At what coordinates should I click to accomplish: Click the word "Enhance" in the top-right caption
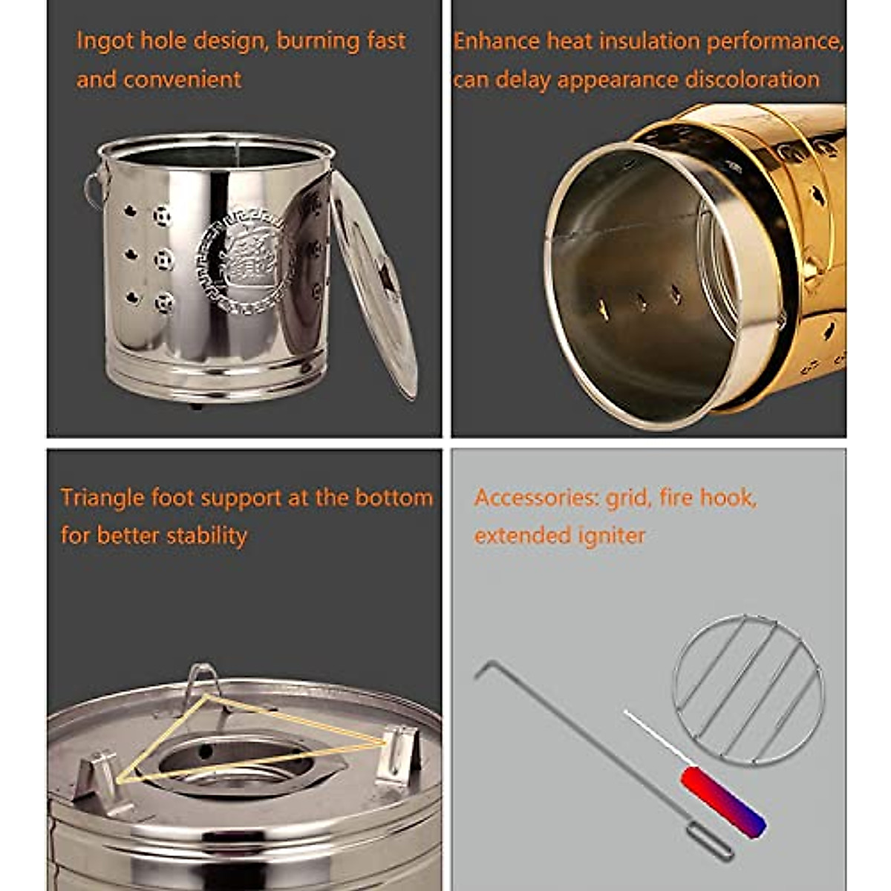(496, 42)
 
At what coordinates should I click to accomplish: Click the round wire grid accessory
(748, 690)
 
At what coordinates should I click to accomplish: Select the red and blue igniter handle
(723, 803)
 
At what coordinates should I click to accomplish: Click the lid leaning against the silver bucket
(375, 286)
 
